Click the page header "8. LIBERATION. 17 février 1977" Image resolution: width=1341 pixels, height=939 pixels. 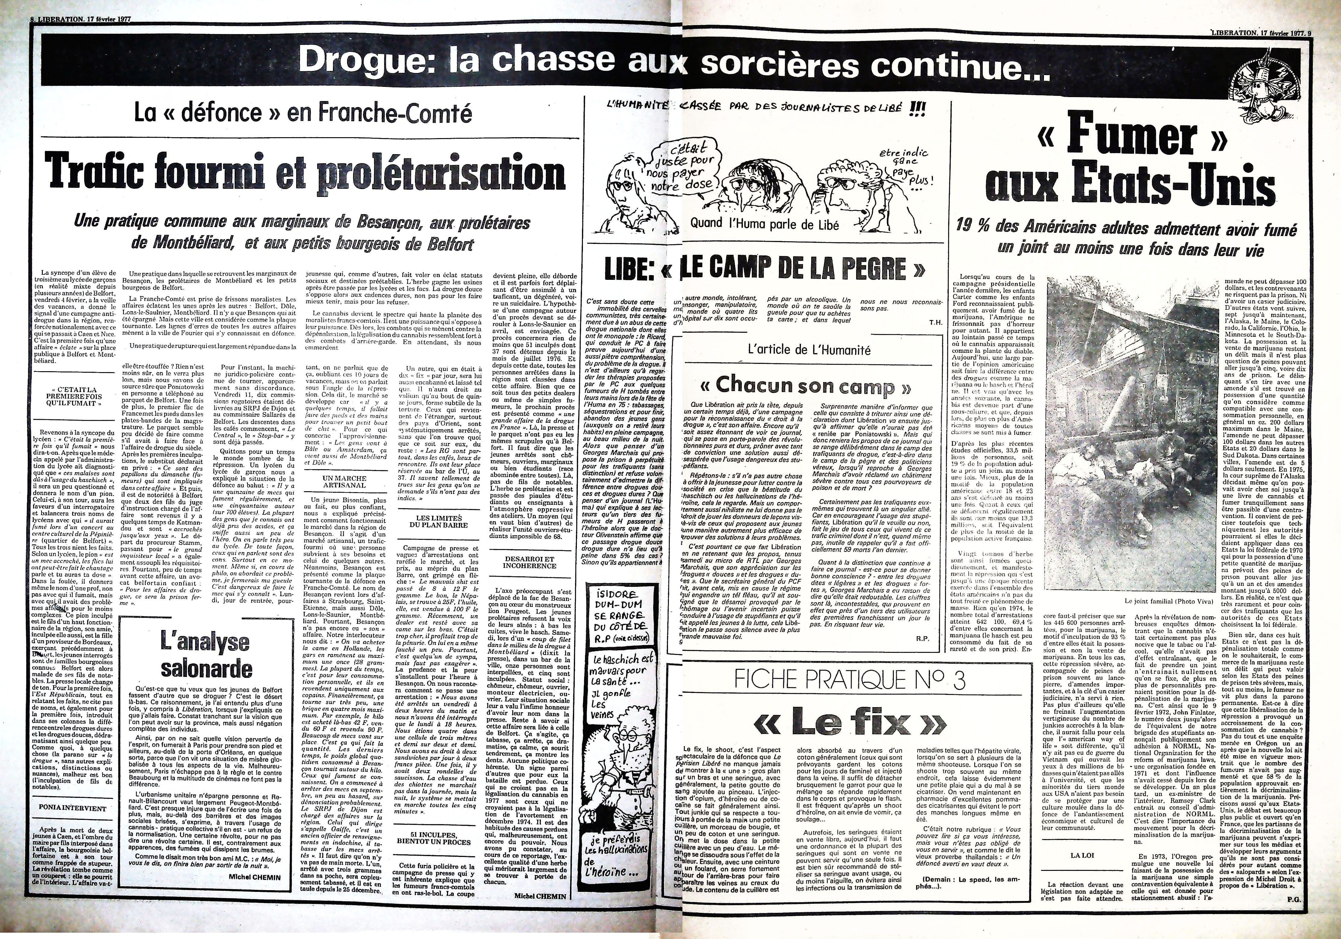coord(80,19)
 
